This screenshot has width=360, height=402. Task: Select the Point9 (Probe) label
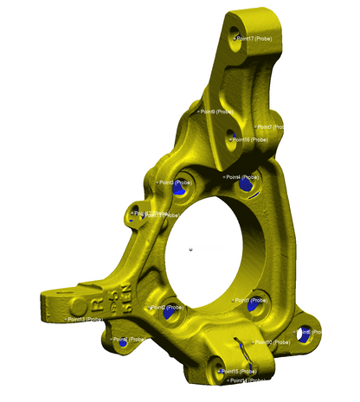point(215,112)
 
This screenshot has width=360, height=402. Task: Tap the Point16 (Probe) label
point(254,139)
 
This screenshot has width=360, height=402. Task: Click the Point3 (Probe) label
point(177,182)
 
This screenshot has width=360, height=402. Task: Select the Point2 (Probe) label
point(170,307)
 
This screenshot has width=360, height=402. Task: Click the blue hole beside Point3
point(179,192)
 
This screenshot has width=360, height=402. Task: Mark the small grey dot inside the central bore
point(190,251)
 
